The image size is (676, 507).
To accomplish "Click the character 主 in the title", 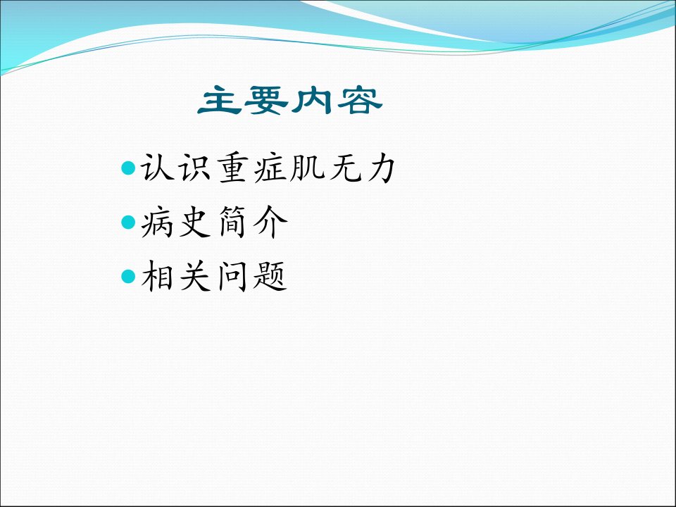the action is [220, 100].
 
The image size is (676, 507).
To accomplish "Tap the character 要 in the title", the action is [266, 100].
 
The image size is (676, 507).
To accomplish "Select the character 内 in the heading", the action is [312, 100].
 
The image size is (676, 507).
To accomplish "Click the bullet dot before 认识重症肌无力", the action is [128, 168].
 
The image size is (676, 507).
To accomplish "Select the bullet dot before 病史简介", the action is [128, 222].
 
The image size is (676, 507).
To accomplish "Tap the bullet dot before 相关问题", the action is [128, 276].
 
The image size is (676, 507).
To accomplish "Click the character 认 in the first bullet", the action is [157, 168].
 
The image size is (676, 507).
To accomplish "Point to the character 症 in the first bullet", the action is [270, 168].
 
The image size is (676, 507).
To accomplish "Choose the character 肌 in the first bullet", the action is [308, 168].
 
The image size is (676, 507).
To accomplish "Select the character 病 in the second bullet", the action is [157, 223].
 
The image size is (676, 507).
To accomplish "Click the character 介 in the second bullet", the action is [270, 223].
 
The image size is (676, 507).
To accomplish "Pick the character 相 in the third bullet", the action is [158, 276].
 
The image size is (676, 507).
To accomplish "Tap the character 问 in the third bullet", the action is [233, 276].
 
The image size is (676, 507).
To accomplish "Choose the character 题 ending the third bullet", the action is [270, 276].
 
